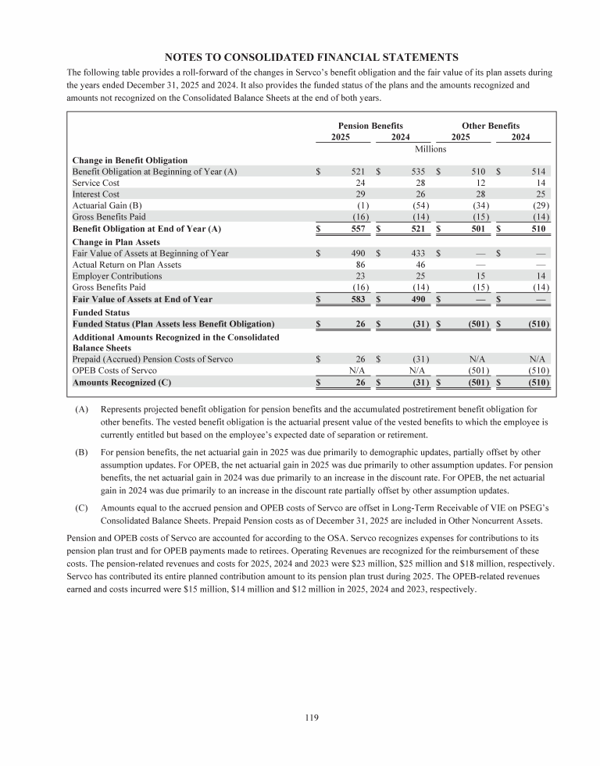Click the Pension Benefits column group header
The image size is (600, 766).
(x=370, y=126)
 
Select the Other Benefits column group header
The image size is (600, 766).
(x=491, y=126)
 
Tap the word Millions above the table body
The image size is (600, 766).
(x=430, y=148)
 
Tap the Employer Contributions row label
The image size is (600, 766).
(x=117, y=276)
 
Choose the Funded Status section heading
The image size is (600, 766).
(x=100, y=312)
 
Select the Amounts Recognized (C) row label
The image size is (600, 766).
(x=121, y=383)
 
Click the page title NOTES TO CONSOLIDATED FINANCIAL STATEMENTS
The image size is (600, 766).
(x=310, y=56)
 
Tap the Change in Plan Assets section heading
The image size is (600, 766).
(x=116, y=242)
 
